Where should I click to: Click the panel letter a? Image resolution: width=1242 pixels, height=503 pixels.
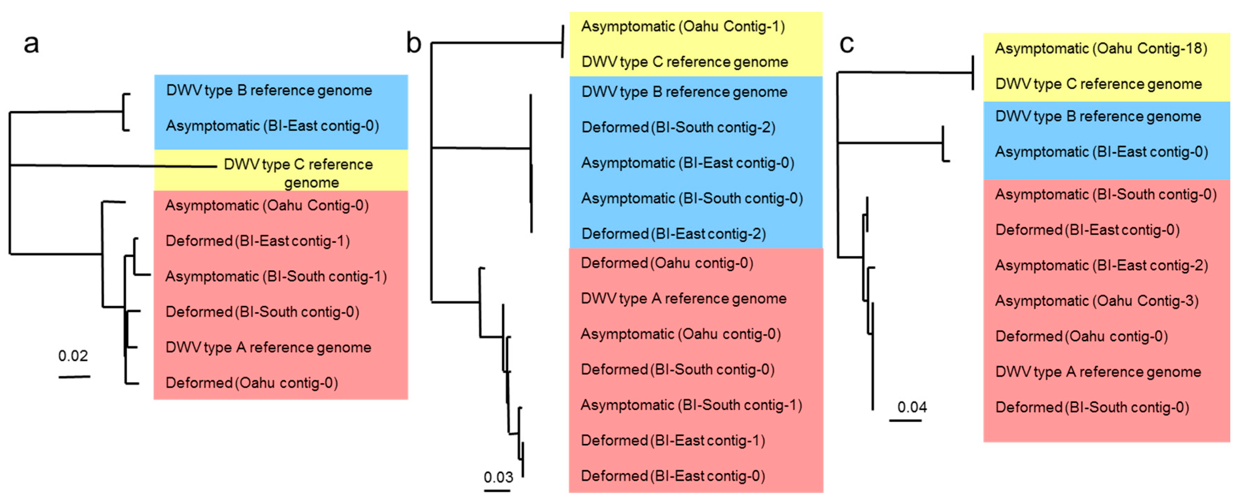click(31, 43)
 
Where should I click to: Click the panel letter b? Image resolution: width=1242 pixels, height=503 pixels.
click(414, 43)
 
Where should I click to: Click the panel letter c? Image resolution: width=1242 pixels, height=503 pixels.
click(847, 43)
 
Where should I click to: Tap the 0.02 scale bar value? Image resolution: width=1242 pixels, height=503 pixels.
click(73, 356)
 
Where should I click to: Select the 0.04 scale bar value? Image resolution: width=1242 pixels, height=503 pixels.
click(912, 407)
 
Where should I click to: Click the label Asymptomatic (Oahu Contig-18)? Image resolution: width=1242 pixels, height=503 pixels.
click(1101, 49)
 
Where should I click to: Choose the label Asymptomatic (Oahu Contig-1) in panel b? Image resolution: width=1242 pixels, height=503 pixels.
click(683, 27)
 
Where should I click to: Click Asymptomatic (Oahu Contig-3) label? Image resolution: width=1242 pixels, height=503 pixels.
click(1097, 301)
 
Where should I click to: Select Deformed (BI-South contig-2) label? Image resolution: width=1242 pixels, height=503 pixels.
click(678, 128)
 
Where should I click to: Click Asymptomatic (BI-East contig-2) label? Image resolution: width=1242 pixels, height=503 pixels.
click(1101, 265)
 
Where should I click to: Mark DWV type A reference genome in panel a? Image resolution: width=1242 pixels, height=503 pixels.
click(268, 347)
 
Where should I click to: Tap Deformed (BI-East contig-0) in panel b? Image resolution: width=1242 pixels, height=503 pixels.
click(673, 476)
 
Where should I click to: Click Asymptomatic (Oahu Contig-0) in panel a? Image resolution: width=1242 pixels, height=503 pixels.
click(267, 206)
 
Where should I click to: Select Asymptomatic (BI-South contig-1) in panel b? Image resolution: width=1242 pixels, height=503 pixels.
click(691, 405)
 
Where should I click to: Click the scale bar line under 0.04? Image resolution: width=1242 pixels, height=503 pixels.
click(905, 421)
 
